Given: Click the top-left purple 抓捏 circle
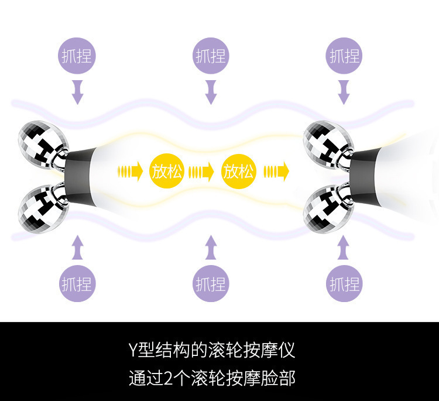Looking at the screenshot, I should tap(77, 56).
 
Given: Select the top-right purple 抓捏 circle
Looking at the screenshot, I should tap(344, 56).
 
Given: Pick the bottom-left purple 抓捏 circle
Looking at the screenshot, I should tap(77, 285).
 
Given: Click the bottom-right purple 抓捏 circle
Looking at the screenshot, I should tap(344, 285).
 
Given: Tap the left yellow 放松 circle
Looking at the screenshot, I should tap(167, 172).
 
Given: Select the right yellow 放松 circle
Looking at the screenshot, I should tap(239, 172).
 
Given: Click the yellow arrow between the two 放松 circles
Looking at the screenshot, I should tap(203, 172).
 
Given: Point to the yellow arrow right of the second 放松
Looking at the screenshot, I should tap(276, 172).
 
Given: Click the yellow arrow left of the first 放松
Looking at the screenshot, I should tap(131, 172).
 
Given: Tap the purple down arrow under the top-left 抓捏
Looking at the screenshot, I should tap(77, 92).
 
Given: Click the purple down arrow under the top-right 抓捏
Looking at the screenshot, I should tap(344, 92).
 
